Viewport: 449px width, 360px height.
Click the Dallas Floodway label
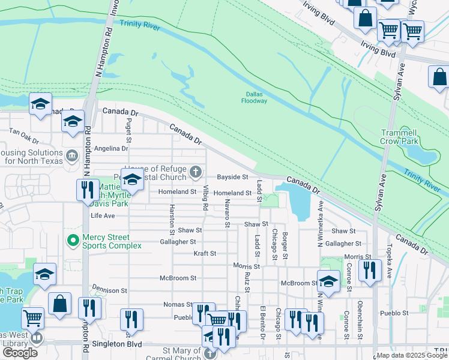point(256,97)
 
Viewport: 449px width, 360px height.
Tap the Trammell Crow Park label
point(399,136)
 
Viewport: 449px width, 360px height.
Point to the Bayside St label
point(232,177)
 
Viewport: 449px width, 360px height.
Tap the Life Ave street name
point(102,215)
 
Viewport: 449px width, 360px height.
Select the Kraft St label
point(205,253)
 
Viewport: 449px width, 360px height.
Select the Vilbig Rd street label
point(205,198)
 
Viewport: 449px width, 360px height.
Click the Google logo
point(20,353)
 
